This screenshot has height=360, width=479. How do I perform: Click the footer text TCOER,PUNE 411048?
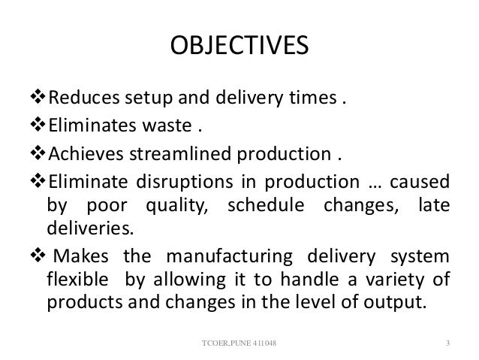(239, 344)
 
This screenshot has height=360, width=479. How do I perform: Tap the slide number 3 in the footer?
(447, 344)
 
